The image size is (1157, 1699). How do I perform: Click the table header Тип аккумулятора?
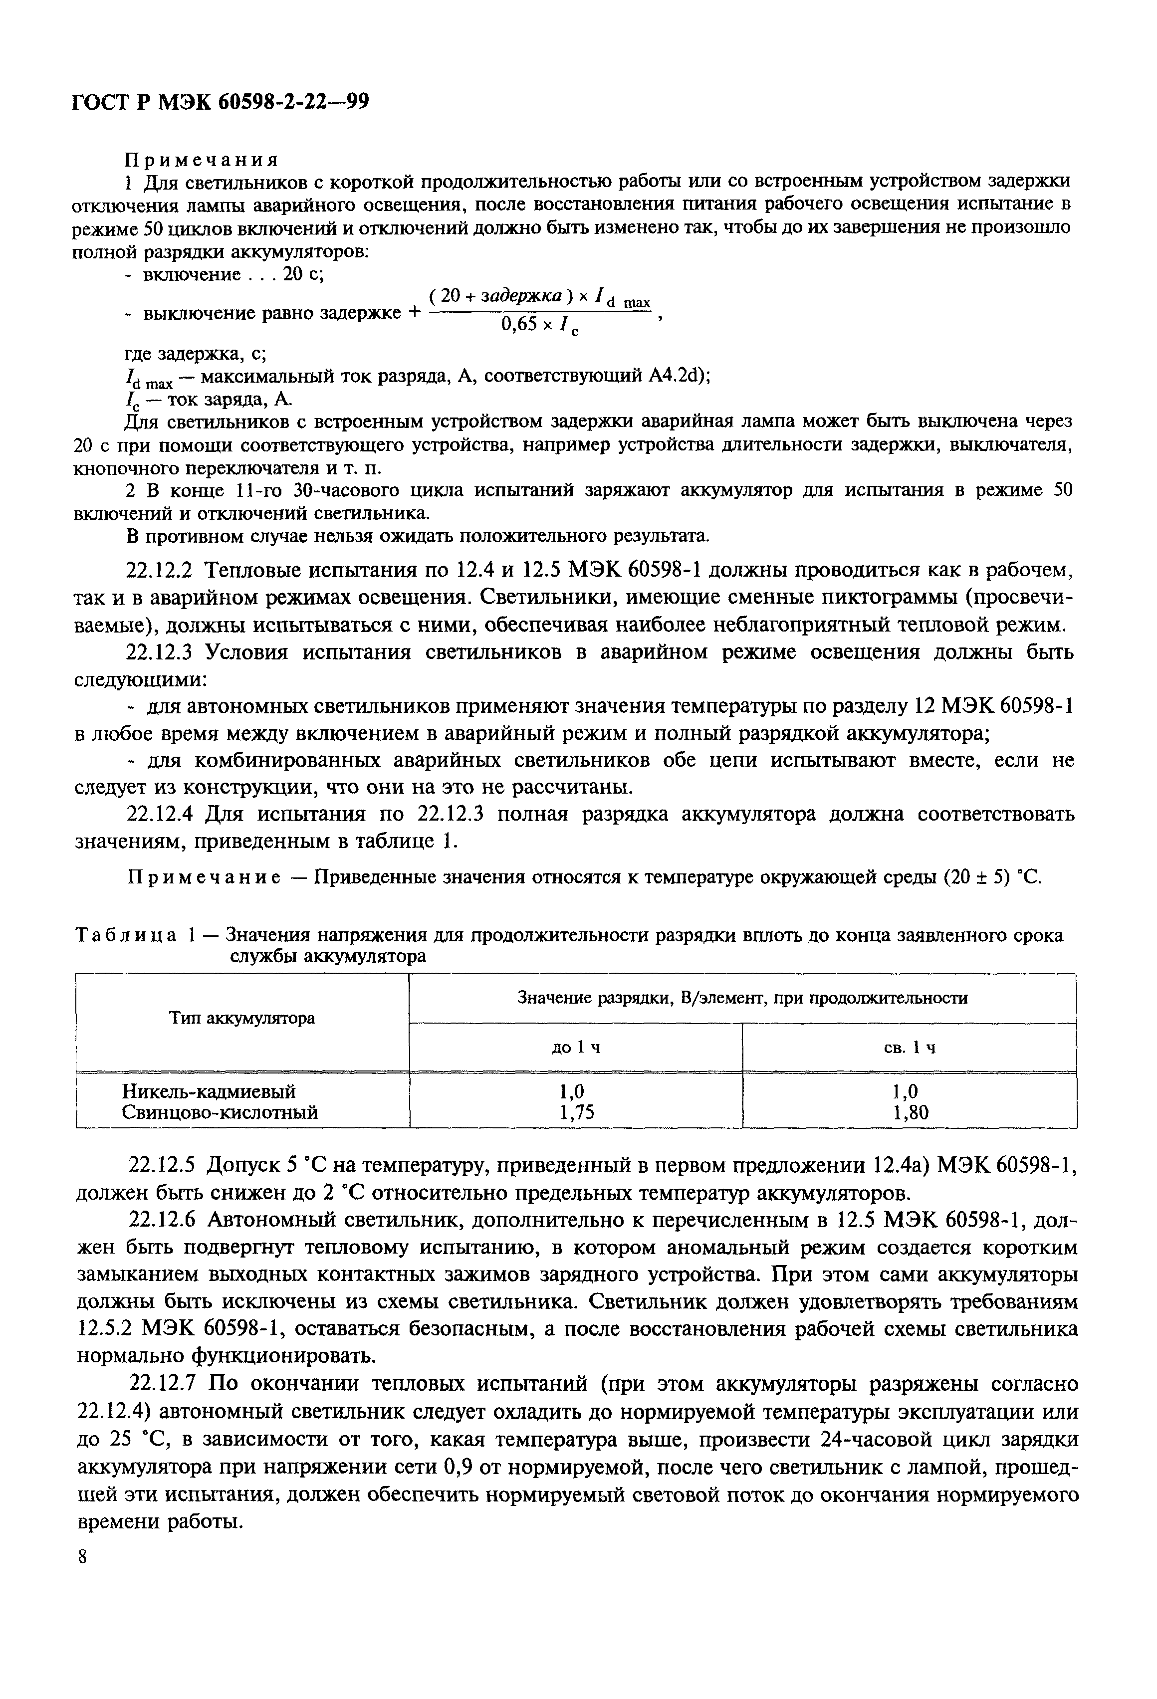pyautogui.click(x=242, y=1018)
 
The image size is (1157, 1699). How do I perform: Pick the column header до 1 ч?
pyautogui.click(x=576, y=1048)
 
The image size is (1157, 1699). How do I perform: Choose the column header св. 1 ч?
pyautogui.click(x=909, y=1048)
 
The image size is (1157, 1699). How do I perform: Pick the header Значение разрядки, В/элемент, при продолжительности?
pyautogui.click(x=742, y=998)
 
